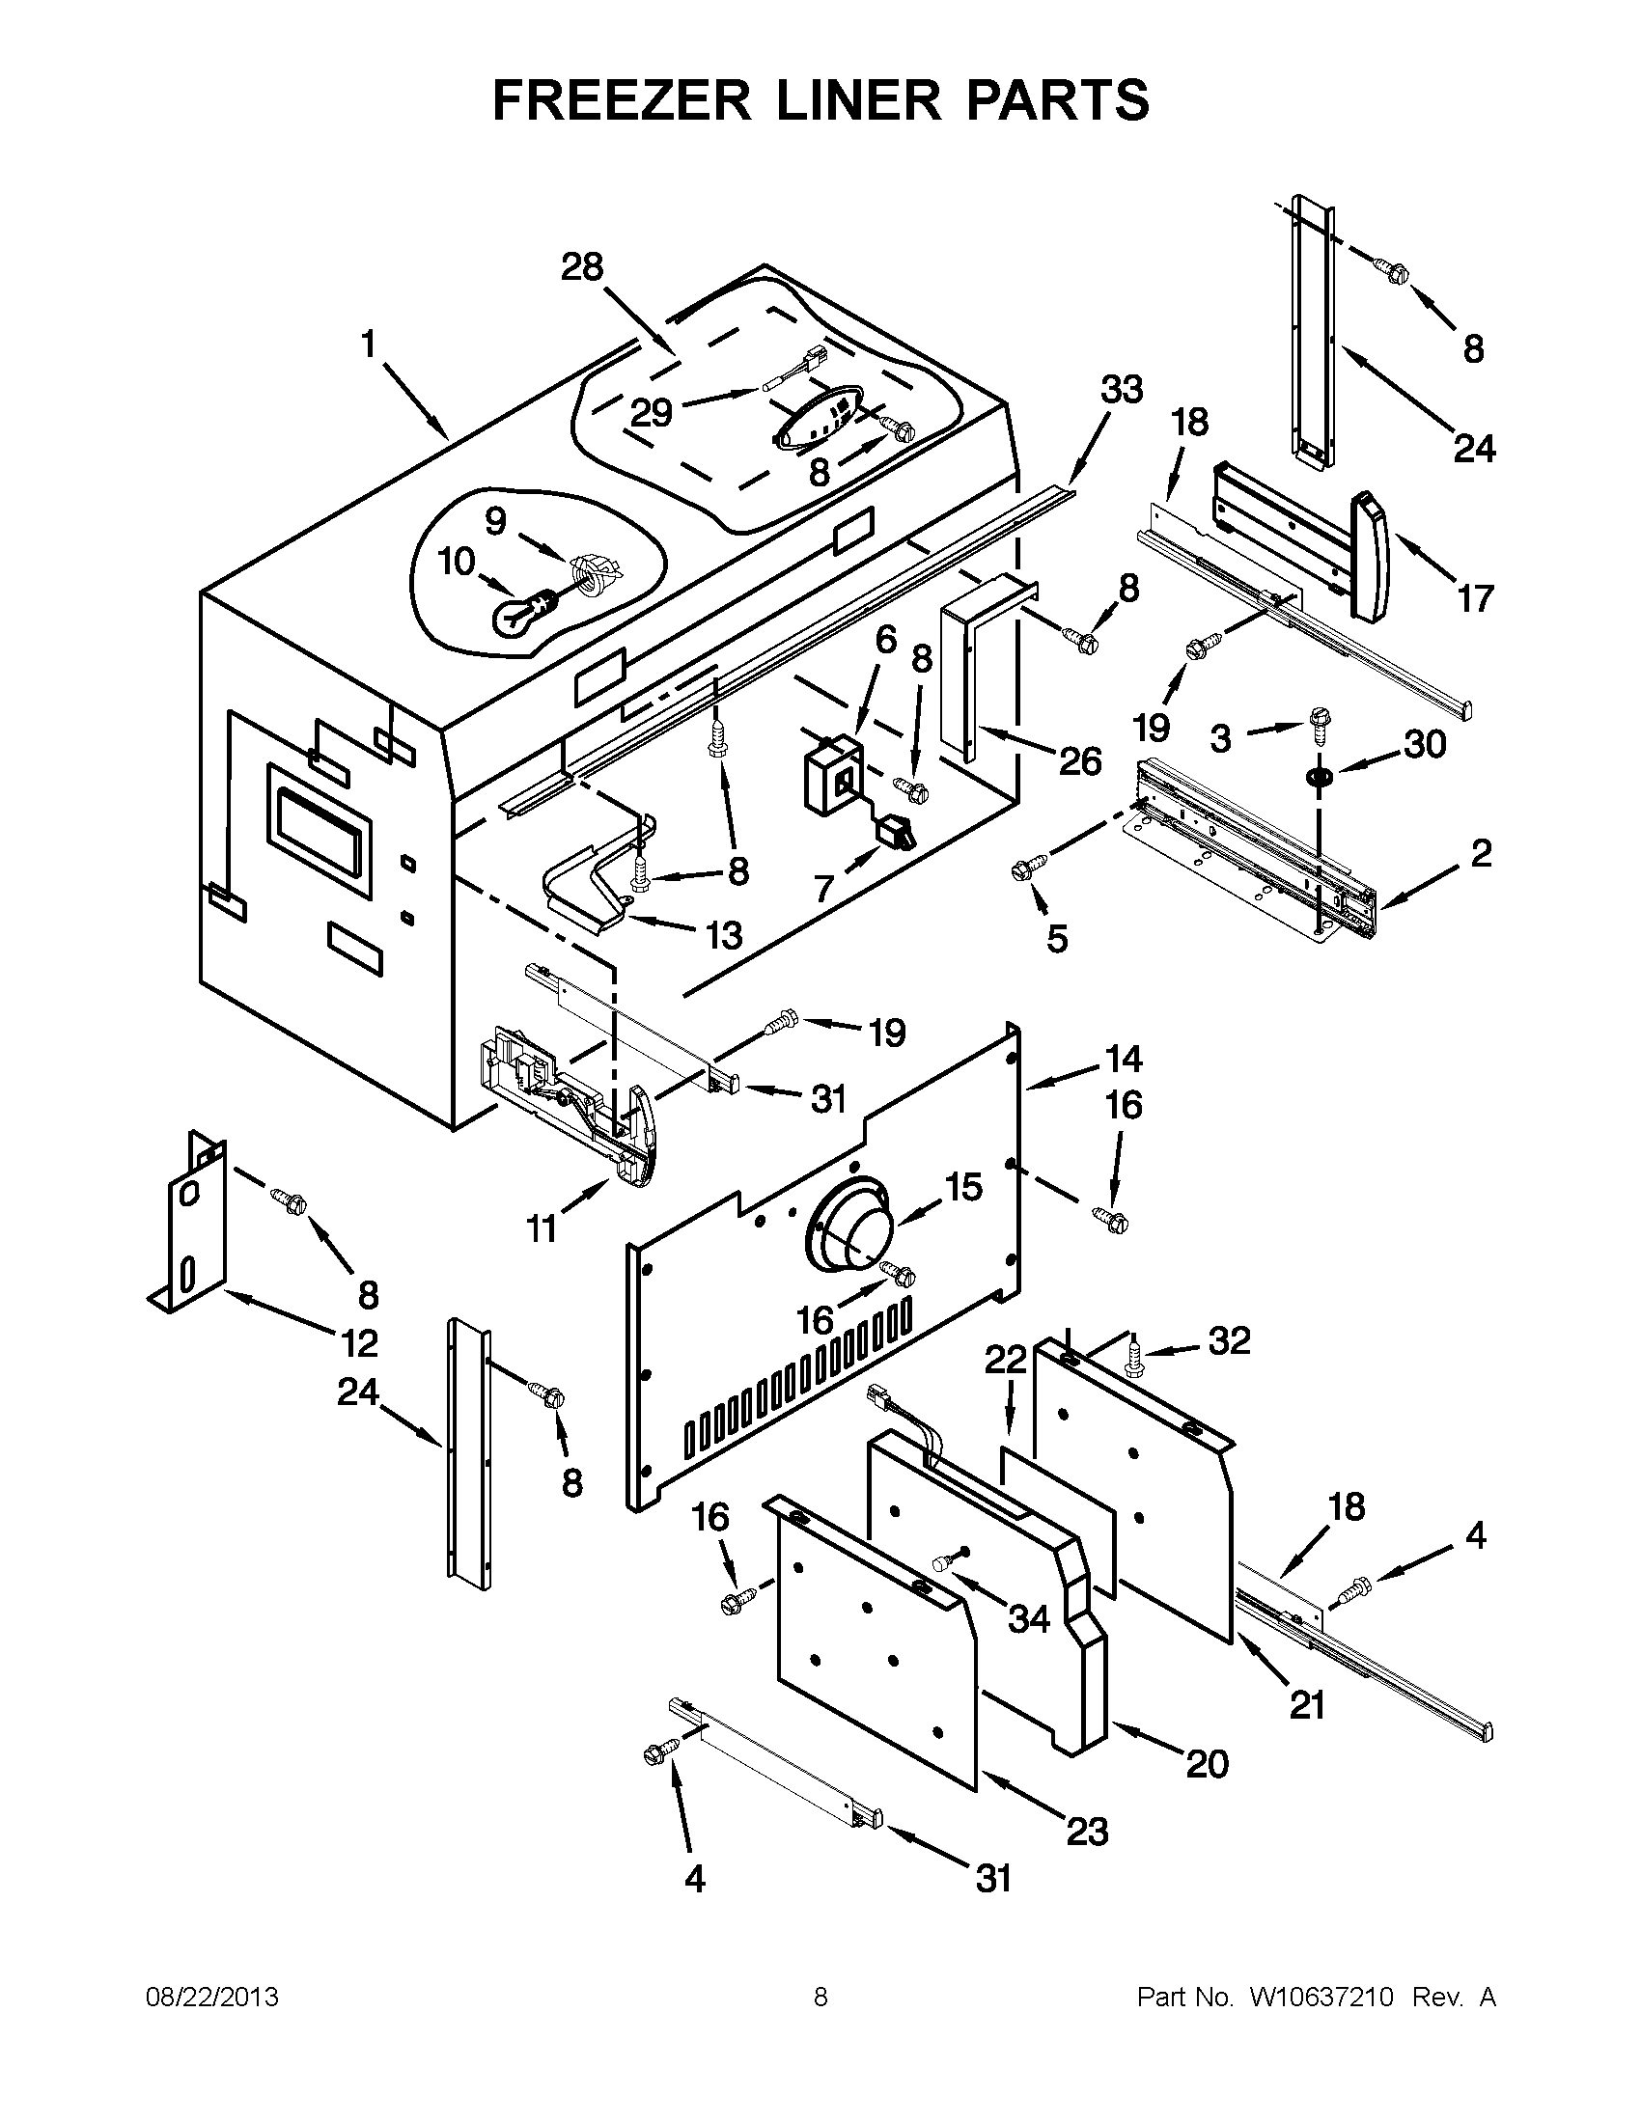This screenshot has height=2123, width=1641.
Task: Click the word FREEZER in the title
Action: [623, 100]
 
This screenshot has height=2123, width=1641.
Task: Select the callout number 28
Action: [582, 266]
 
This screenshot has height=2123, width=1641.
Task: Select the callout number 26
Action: [1080, 760]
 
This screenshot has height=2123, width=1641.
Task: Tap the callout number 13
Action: [723, 935]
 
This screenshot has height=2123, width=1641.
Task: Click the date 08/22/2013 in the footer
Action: [212, 1997]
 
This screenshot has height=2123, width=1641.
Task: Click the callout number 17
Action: [1475, 599]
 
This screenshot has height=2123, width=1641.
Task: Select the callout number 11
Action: [542, 1228]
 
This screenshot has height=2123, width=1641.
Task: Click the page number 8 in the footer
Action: [820, 1997]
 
